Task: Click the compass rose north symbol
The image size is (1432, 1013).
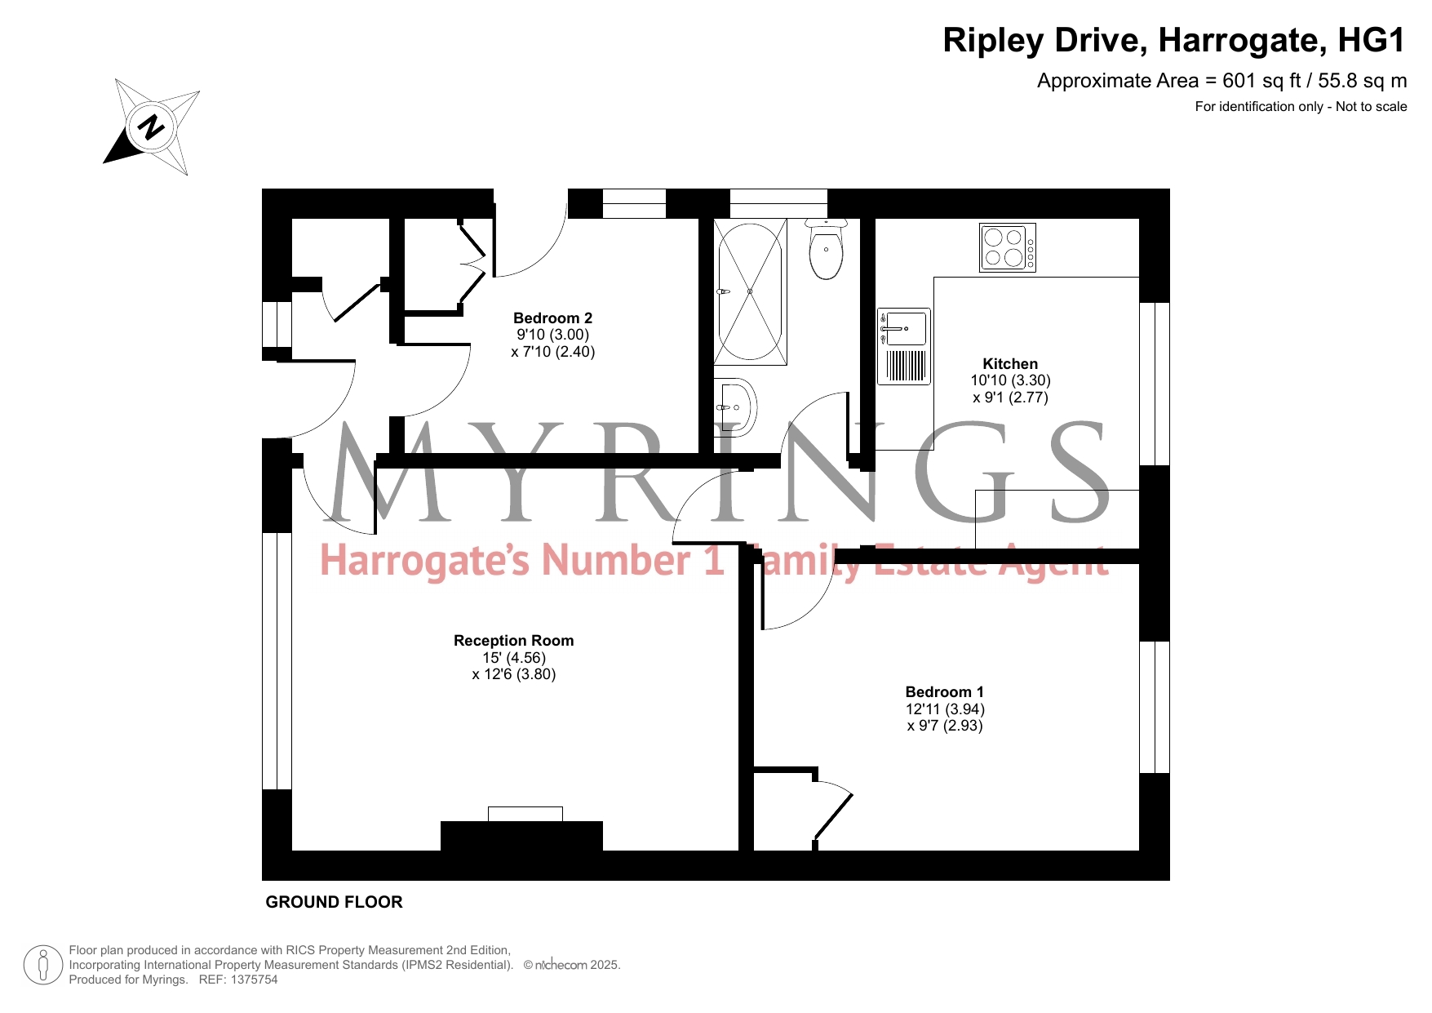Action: coord(152,127)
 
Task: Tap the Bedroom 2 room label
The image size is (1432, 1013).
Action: coord(552,318)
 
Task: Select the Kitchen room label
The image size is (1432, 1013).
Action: coord(1010,364)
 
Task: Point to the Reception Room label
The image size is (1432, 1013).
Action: coord(513,641)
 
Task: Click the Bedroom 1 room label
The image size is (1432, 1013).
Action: coord(945,692)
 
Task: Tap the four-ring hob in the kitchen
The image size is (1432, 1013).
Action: coord(1008,247)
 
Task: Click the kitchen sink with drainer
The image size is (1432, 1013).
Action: coord(904,346)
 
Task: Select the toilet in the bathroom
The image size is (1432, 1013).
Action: coord(827,249)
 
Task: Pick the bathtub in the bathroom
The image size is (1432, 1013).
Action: coord(750,291)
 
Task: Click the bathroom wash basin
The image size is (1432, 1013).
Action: coord(735,407)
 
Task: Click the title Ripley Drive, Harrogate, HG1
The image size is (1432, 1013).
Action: coord(1174,40)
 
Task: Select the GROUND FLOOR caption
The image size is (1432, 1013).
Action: coord(335,902)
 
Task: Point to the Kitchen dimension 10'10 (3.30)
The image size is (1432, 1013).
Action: coord(1010,380)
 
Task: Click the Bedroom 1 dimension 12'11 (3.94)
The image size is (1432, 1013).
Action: coord(945,709)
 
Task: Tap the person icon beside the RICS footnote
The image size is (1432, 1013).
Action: coord(43,965)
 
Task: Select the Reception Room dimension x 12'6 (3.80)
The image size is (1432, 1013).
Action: coord(514,674)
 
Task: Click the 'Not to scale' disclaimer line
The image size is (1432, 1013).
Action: coord(1301,107)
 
